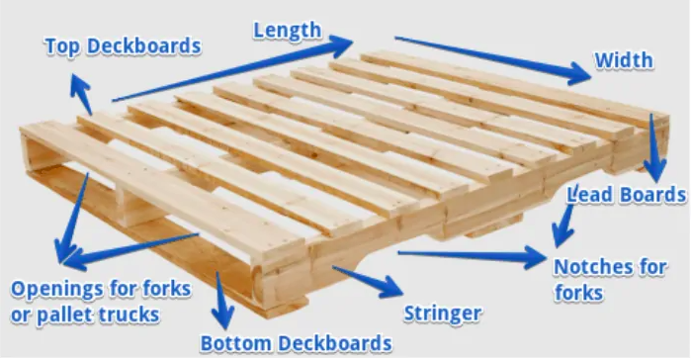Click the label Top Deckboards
(122, 45)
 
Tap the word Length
(287, 30)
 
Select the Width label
(623, 59)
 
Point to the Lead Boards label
(626, 194)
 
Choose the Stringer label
(443, 315)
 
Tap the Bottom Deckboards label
(297, 343)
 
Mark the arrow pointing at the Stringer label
(367, 281)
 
